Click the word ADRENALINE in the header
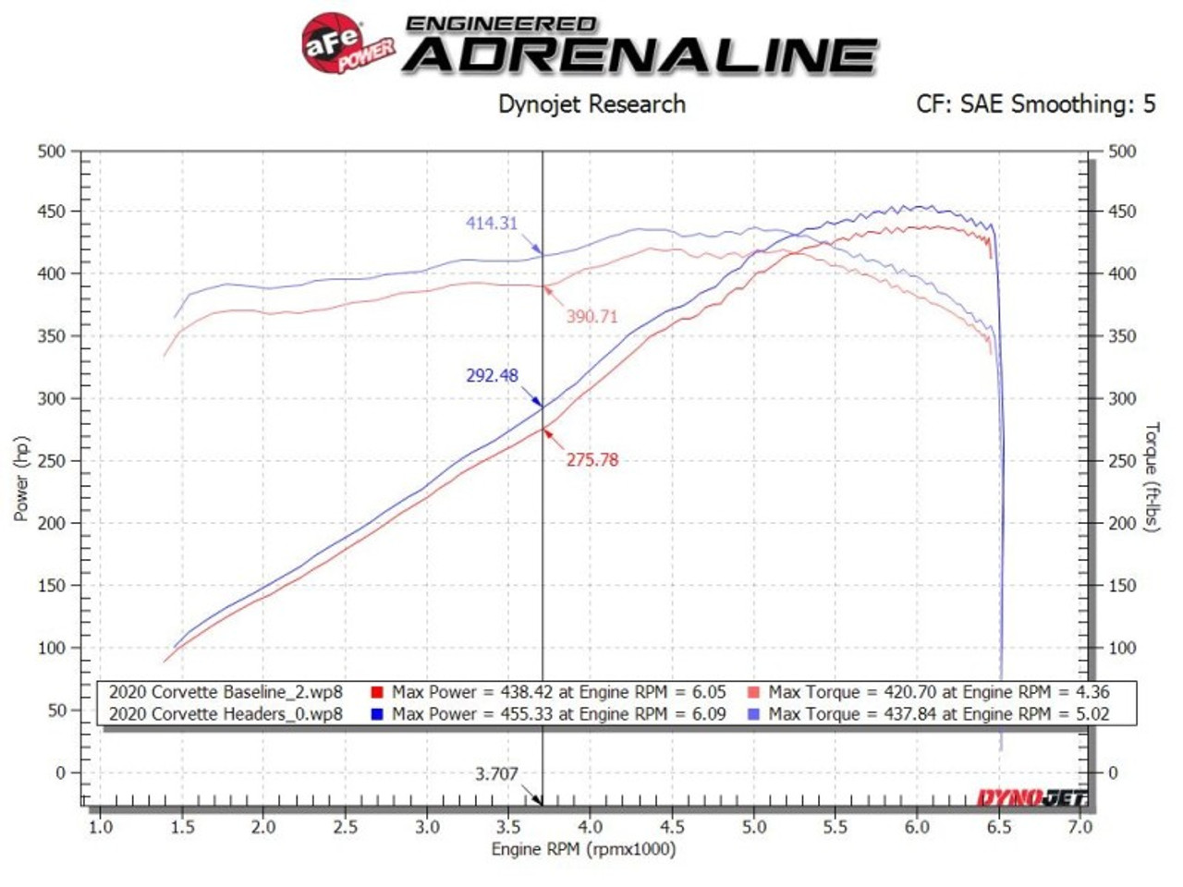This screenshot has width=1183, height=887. pos(640,55)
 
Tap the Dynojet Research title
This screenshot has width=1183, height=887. pos(591,103)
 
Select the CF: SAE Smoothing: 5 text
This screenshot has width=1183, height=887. pos(1035,103)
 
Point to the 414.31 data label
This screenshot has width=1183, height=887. pos(492,223)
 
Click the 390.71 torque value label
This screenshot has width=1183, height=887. pos(591,316)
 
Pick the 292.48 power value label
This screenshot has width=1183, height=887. pos(492,375)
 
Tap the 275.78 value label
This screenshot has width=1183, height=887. pos(591,459)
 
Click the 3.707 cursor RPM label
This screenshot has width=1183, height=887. pos(496,773)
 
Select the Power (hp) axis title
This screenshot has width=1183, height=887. pos(21,478)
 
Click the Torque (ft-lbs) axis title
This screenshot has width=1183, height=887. pos(1152,477)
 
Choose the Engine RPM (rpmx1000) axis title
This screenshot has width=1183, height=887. pos(583,848)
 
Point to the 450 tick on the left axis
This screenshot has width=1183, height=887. pos(52,212)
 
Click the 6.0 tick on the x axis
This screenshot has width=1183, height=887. pos(917,827)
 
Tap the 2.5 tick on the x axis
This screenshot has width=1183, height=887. pos(345,827)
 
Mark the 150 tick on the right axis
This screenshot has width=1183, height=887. pos(1122,585)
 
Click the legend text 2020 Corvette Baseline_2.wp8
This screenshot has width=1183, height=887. pos(226,692)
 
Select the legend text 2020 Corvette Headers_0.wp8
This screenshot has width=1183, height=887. pos(226,713)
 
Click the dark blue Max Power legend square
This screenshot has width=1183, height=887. pos(377,714)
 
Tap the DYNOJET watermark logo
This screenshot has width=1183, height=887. pos(1031,797)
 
